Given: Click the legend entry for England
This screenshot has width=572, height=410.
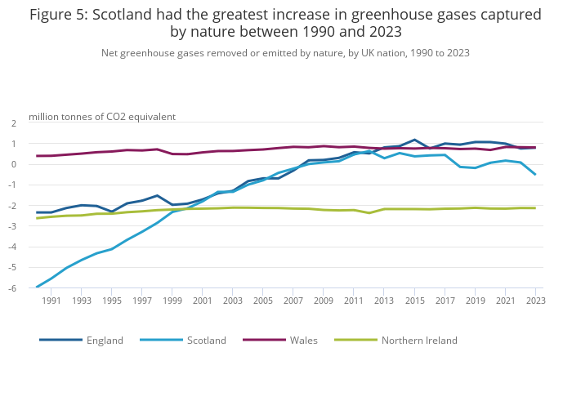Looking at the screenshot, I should (x=104, y=340).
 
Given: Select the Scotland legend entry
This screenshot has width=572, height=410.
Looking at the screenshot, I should (x=207, y=340).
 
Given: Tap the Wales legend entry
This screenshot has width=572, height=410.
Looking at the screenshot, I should (x=303, y=340).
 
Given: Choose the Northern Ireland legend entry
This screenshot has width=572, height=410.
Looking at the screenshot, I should (x=419, y=340).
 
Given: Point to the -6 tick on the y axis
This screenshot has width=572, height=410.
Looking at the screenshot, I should (x=14, y=287).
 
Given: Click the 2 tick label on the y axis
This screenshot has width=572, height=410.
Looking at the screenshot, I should (x=14, y=123).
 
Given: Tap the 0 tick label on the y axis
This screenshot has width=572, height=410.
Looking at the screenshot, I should (x=14, y=164).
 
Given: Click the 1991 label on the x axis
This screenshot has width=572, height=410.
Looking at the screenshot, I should (x=51, y=301).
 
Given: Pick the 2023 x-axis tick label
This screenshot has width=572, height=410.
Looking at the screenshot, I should (x=535, y=301).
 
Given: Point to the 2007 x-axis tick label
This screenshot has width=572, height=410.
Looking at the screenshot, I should (x=293, y=301).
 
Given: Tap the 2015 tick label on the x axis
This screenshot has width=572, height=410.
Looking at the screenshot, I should (x=414, y=301).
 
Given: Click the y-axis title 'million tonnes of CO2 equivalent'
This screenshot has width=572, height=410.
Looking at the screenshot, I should (x=102, y=117).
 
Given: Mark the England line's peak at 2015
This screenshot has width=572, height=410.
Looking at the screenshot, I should (x=414, y=140).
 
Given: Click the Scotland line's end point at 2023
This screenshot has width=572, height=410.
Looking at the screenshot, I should (x=535, y=174).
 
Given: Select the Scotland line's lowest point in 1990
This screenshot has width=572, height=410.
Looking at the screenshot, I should (x=37, y=287).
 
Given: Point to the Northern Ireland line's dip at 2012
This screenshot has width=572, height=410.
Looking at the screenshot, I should (x=369, y=213).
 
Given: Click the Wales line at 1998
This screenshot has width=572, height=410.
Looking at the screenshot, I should (x=157, y=149).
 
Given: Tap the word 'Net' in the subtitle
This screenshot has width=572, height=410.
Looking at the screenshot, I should (x=110, y=53).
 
